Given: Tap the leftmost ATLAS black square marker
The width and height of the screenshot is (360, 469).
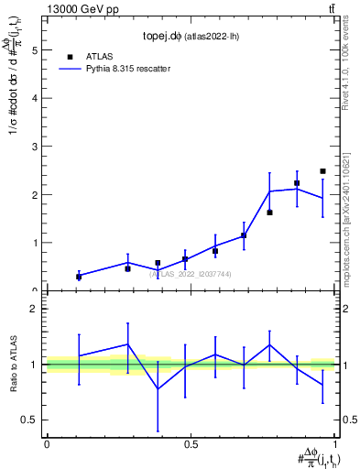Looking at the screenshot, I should [79, 276].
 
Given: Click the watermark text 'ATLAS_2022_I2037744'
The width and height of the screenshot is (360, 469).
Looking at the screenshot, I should [191, 274].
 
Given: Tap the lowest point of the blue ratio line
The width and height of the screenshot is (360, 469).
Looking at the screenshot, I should [158, 388].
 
